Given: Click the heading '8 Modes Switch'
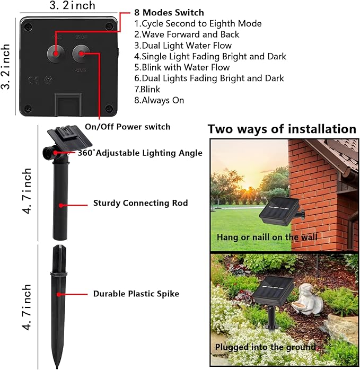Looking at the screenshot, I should click(169, 12).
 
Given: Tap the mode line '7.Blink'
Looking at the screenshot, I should click(147, 89).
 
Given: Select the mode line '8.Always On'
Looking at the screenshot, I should click(159, 100).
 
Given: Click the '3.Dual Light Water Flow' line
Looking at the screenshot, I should click(183, 46).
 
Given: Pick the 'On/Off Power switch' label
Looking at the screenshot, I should click(128, 127).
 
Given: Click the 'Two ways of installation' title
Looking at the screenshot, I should click(282, 129).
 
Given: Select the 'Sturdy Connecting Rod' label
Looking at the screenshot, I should click(141, 203).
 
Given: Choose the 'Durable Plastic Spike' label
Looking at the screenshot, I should click(136, 294).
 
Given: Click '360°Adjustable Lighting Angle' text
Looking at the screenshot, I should click(140, 153).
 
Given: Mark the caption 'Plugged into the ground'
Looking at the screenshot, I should click(266, 347).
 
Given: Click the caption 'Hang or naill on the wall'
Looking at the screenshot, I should click(267, 237).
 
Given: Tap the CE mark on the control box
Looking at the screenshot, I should click(33, 81).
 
